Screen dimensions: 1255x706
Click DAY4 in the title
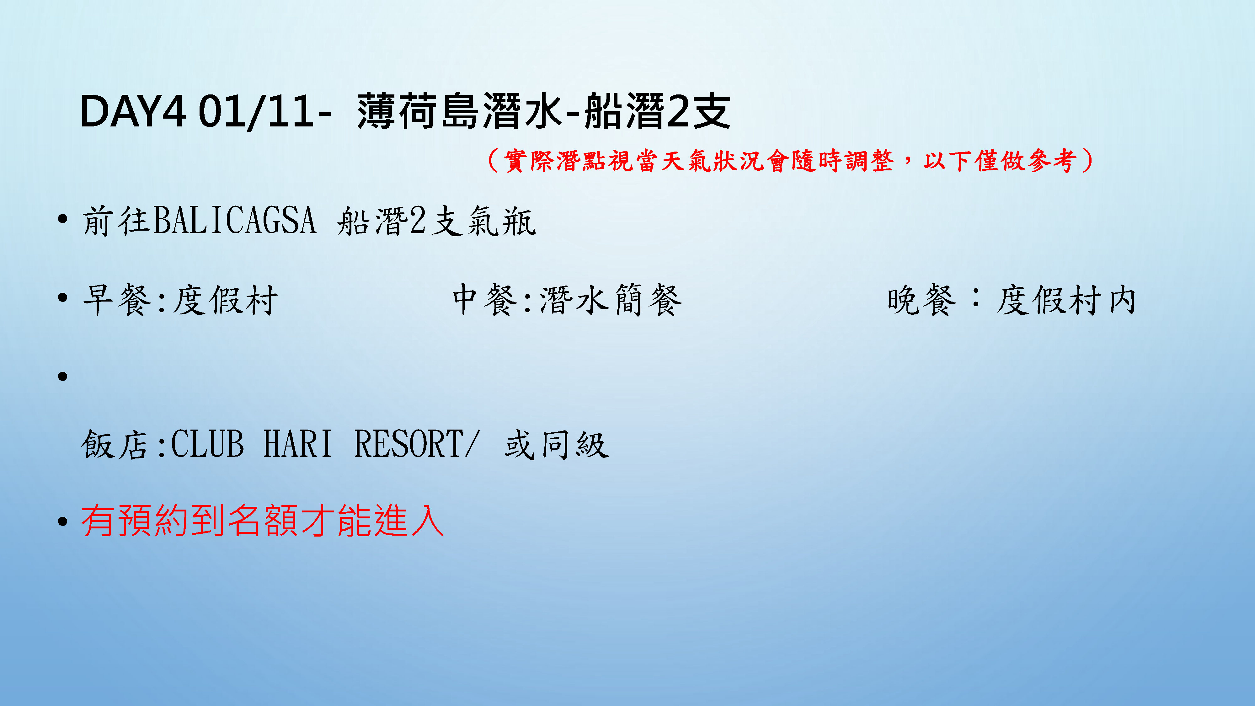click(x=132, y=112)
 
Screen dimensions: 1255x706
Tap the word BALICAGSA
click(x=234, y=220)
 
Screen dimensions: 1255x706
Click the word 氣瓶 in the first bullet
click(x=502, y=221)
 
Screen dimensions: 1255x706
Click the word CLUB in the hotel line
click(x=207, y=444)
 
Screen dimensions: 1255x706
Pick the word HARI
click(x=298, y=444)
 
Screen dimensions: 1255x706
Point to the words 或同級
click(x=557, y=444)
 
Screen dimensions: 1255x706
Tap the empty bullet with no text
click(x=62, y=376)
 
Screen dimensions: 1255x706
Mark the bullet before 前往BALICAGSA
click(x=62, y=219)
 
